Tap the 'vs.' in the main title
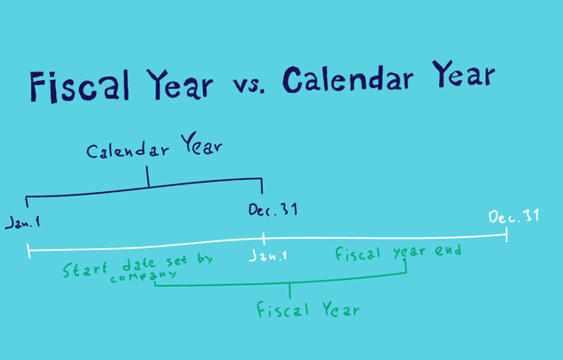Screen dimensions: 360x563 249,84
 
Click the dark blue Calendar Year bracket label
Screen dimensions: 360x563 154,149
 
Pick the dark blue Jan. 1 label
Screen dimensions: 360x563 22,222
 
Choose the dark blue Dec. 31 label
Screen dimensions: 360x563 273,209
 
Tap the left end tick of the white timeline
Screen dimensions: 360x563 28,250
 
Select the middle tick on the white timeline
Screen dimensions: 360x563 263,238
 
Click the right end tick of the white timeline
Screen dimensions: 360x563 506,233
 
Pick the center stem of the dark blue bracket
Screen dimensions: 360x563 148,177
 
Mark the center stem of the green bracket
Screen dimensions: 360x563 290,290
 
